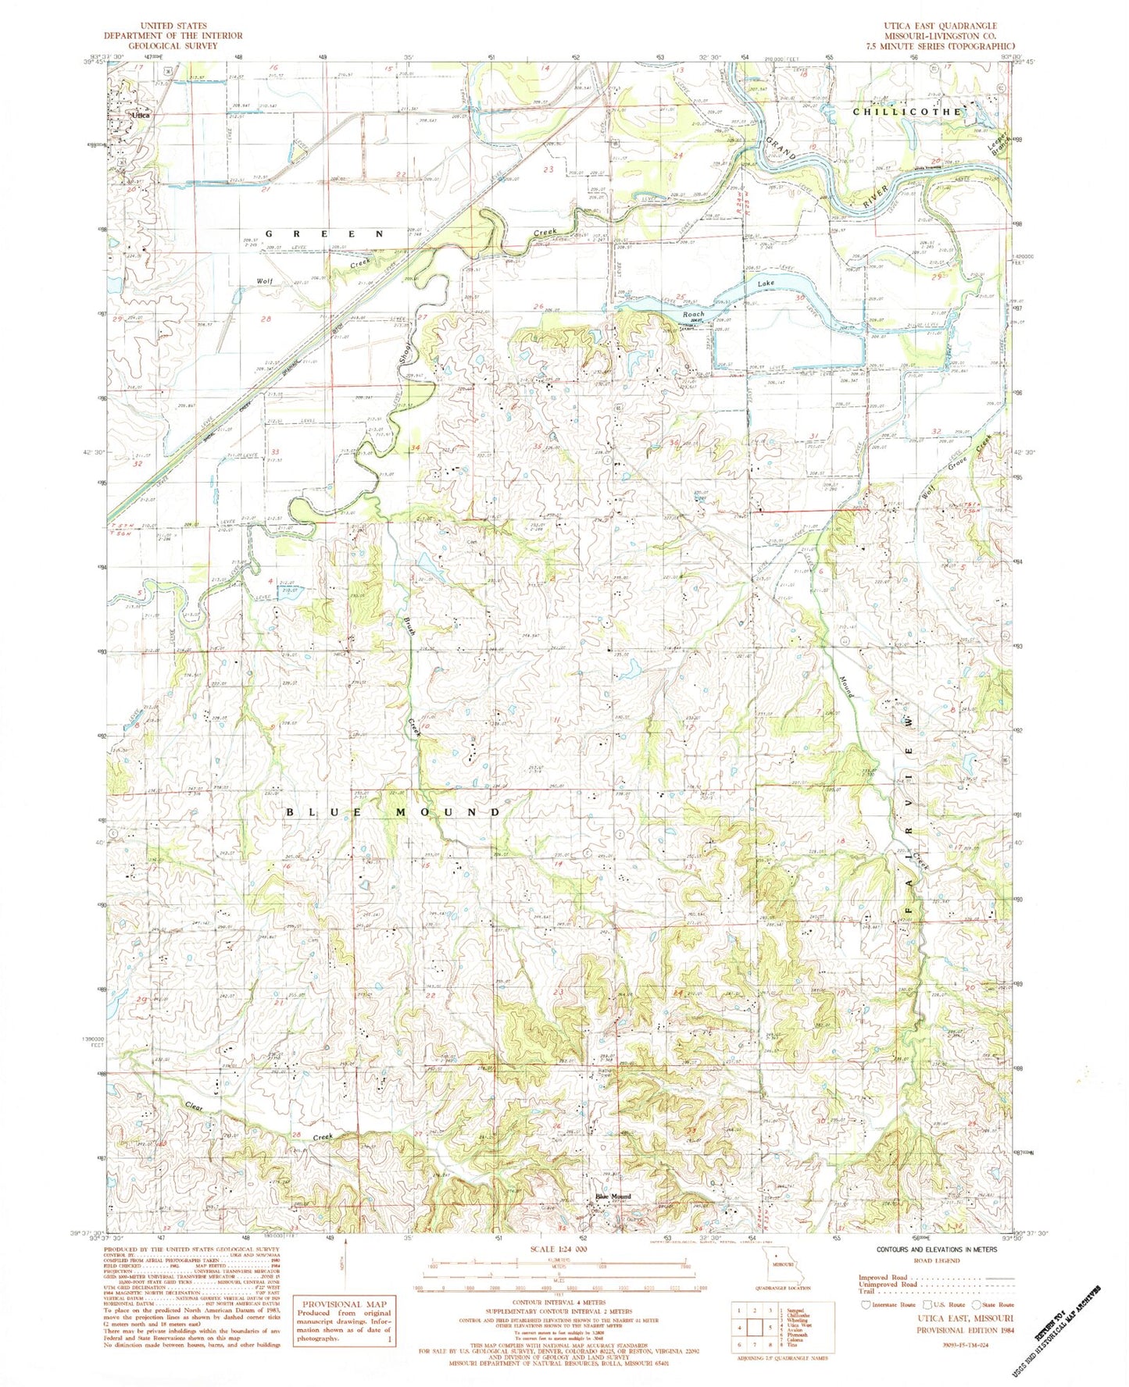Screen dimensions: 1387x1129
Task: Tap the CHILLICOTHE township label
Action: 906,112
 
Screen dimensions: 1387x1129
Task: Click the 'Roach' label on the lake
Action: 694,314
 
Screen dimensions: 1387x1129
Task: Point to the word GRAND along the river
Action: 781,148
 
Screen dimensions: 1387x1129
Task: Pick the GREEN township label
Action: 325,234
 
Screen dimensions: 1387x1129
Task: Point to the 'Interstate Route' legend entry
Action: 888,1304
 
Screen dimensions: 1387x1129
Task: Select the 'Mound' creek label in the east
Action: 846,685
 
